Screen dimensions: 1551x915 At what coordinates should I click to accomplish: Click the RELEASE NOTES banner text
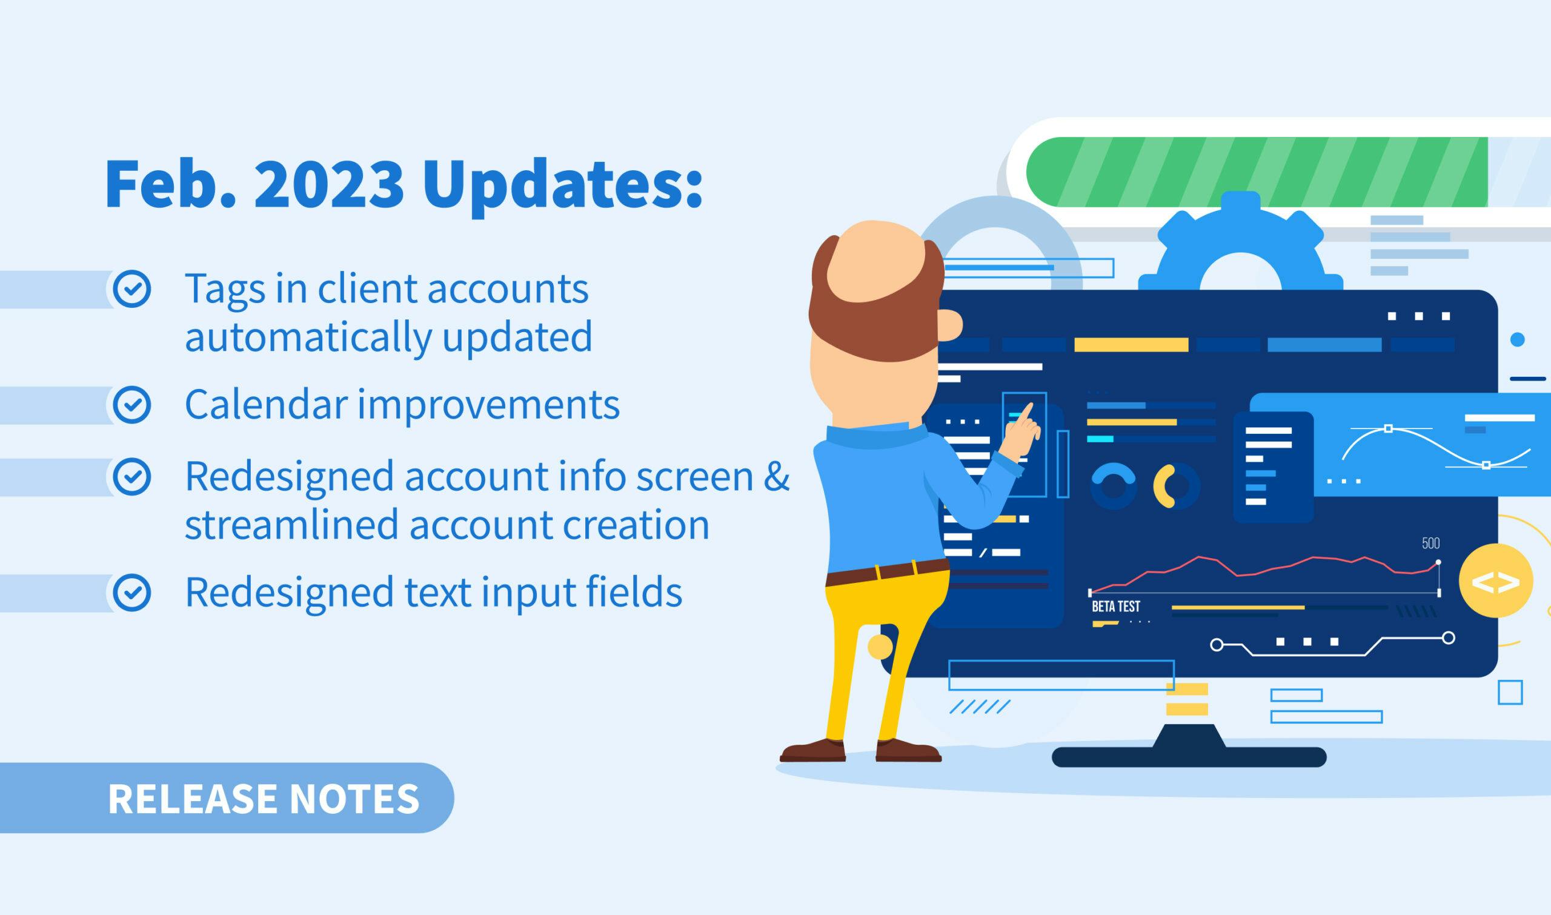click(x=264, y=799)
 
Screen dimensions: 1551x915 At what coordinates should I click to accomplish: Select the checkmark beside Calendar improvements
click(x=132, y=405)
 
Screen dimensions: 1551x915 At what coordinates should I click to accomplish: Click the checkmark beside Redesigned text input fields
click(x=132, y=593)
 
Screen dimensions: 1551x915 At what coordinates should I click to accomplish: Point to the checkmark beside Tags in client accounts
click(x=132, y=288)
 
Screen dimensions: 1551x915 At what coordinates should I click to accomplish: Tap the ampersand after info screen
click(x=777, y=476)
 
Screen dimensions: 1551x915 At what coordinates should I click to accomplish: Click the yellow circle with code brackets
click(x=1495, y=581)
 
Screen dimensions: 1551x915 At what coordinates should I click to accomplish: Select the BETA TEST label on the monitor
click(x=1116, y=606)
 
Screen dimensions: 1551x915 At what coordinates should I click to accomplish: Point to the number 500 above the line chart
click(x=1431, y=543)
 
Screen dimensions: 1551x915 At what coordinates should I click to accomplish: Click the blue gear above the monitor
click(x=1240, y=247)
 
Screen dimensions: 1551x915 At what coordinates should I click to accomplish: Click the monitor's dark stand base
click(x=1189, y=756)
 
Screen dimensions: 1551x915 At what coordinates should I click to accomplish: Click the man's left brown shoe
click(x=812, y=750)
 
